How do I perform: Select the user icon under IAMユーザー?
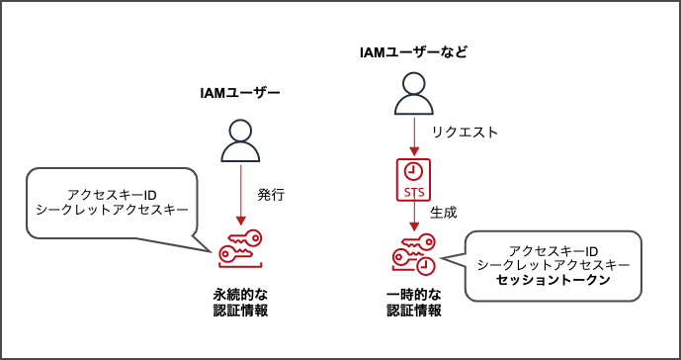coord(240,140)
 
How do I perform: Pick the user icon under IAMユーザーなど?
coord(413,97)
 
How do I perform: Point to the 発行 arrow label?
coord(271,194)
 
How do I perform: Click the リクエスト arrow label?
coord(465,133)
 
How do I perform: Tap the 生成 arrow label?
coord(444,213)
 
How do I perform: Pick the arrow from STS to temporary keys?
coord(413,215)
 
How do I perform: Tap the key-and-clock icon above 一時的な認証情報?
coord(413,255)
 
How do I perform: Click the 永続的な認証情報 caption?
coord(240,302)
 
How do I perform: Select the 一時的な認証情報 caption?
coord(413,302)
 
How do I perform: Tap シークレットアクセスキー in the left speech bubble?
coord(112,210)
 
